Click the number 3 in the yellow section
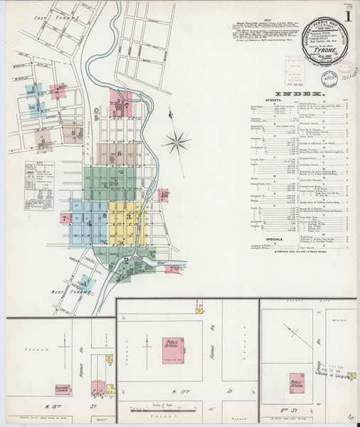click(x=129, y=215)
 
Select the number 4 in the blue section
click(x=90, y=226)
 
